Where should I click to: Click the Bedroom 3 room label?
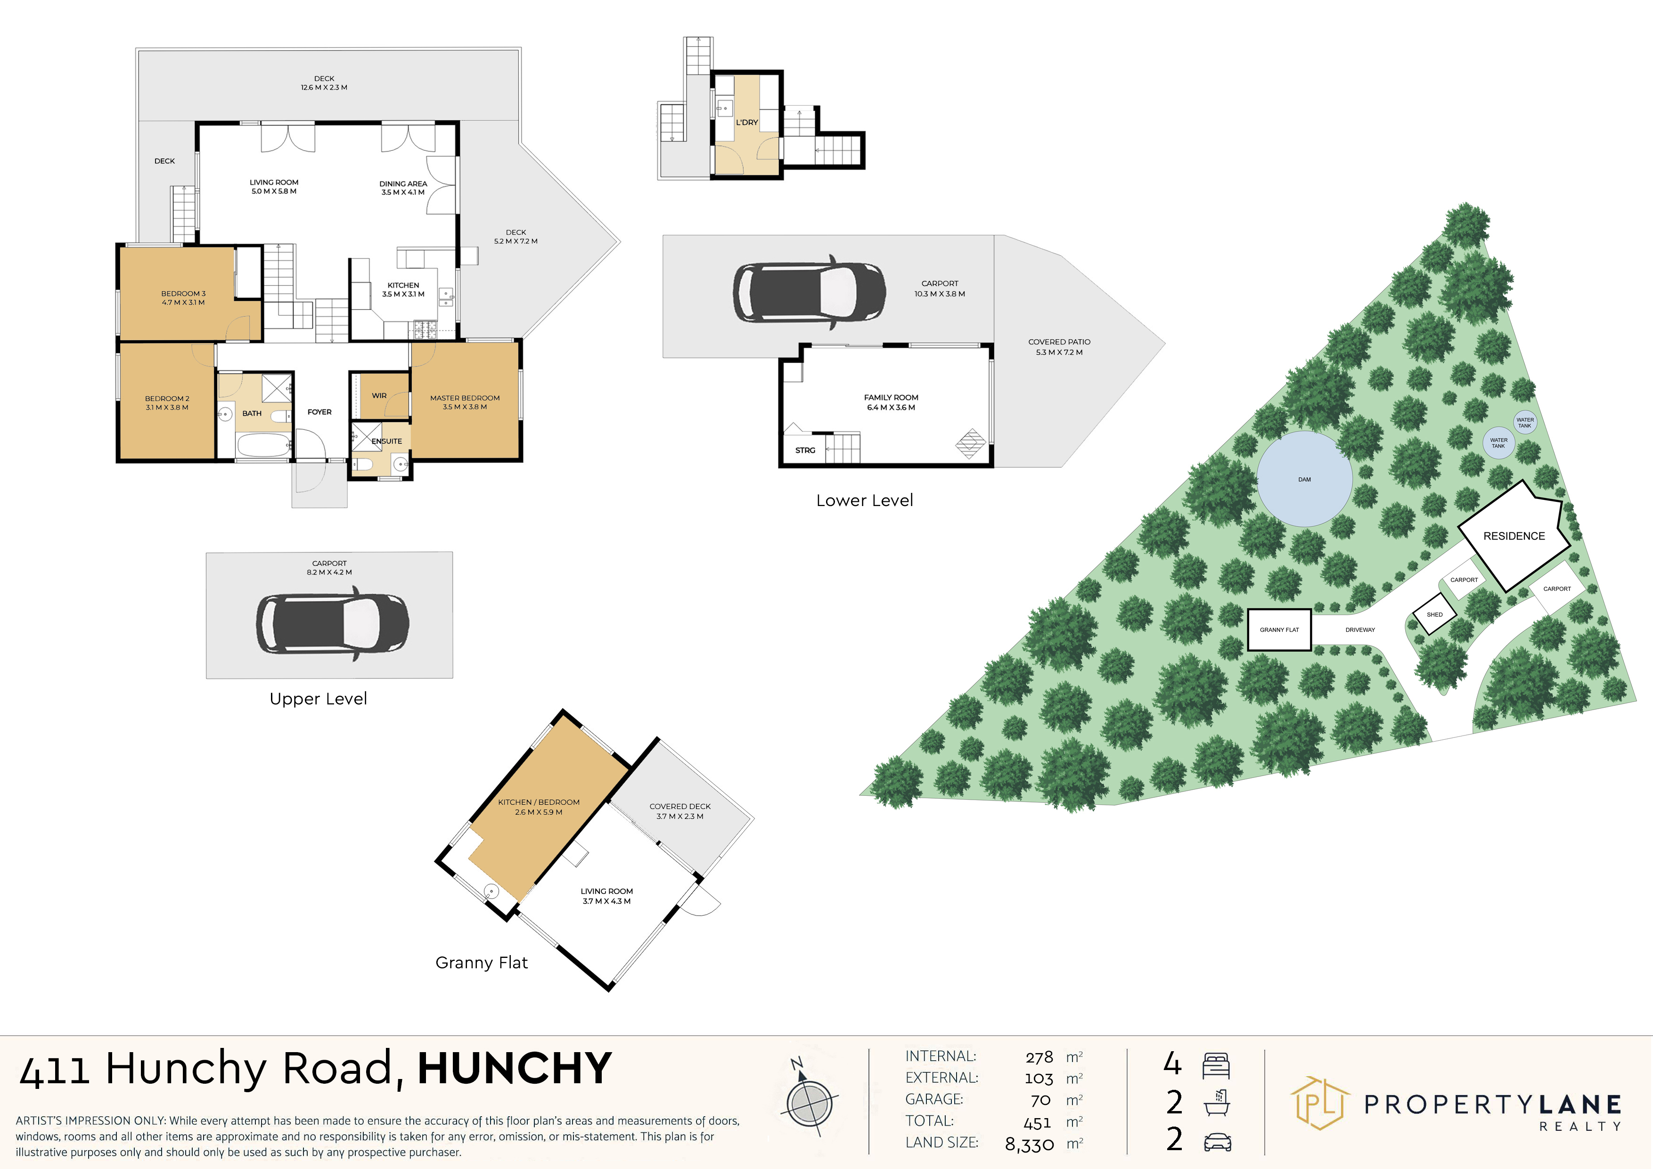pos(184,294)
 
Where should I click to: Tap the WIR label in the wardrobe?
pos(379,396)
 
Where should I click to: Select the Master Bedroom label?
pos(465,398)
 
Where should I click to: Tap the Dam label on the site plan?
pos(1305,479)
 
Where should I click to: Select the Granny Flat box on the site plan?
pos(1279,630)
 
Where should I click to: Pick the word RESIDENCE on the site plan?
pos(1514,536)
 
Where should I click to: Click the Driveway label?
pos(1360,630)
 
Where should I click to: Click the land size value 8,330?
pos(1030,1144)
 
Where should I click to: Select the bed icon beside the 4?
pos(1216,1065)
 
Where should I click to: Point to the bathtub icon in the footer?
pos(1217,1103)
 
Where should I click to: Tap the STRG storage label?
pos(805,450)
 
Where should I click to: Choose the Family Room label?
pos(892,397)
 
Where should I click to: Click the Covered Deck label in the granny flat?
pos(679,806)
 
